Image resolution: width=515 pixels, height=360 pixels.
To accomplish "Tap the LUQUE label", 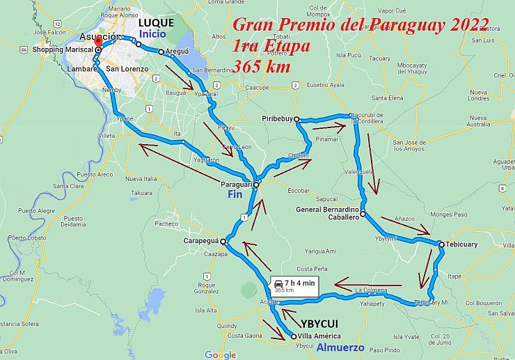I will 156,23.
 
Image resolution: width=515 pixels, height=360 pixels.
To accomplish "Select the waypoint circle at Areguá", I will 161,52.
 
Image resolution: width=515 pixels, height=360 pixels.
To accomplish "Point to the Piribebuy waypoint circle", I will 296,119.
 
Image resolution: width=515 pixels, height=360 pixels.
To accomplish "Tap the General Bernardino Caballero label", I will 327,213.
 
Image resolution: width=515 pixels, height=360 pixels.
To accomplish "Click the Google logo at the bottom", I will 220,354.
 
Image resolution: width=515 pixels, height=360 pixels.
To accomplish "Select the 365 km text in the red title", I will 262,66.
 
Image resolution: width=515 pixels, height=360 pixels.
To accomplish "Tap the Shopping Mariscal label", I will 63,50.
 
